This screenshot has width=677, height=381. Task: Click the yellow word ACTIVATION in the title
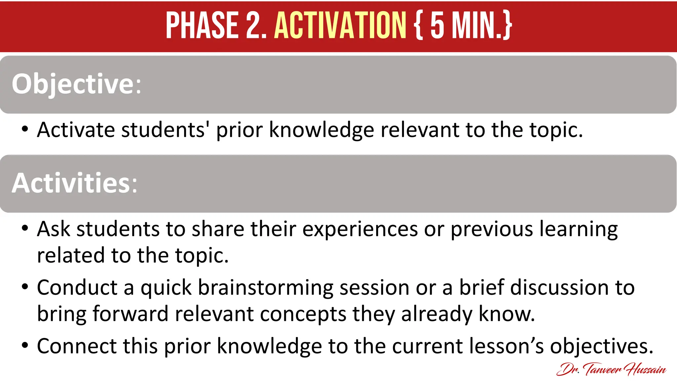(x=340, y=25)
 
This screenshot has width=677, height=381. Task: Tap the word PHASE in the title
(x=202, y=25)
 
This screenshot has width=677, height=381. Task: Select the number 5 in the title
(x=437, y=25)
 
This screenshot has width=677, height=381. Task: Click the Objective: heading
(x=76, y=84)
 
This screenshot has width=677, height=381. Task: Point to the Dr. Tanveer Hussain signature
(x=611, y=369)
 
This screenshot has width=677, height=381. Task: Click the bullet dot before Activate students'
(x=25, y=129)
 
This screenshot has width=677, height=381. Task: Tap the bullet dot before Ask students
(x=25, y=228)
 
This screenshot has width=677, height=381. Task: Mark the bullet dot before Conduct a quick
(x=25, y=286)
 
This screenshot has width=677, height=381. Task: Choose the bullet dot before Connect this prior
(x=25, y=345)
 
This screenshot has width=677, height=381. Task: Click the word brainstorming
(x=265, y=288)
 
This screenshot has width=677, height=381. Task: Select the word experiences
(x=360, y=229)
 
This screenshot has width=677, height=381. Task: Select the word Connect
(x=77, y=346)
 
